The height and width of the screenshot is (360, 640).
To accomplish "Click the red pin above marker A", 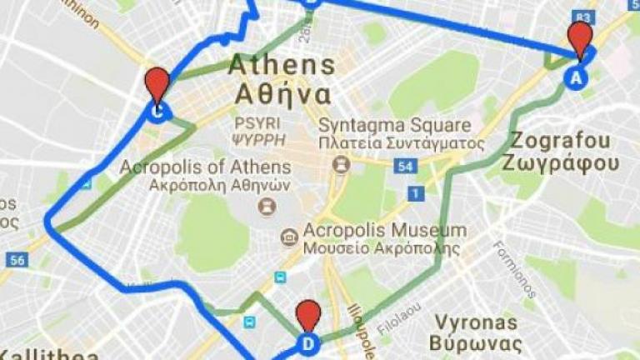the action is (x=579, y=37).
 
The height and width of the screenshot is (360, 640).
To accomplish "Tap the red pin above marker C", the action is (x=156, y=82).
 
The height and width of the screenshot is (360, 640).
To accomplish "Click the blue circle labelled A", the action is (x=576, y=77).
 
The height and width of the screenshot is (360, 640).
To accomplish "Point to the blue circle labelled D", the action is (x=308, y=343).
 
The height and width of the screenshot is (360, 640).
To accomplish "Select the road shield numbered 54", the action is (x=406, y=167).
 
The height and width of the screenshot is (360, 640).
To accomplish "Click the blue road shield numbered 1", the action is (x=414, y=193).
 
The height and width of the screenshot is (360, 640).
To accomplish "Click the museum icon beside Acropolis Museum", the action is (x=288, y=237).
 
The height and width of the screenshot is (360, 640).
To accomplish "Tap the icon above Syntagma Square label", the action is (x=340, y=164).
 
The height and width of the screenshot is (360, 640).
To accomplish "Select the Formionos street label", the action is (x=513, y=268).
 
